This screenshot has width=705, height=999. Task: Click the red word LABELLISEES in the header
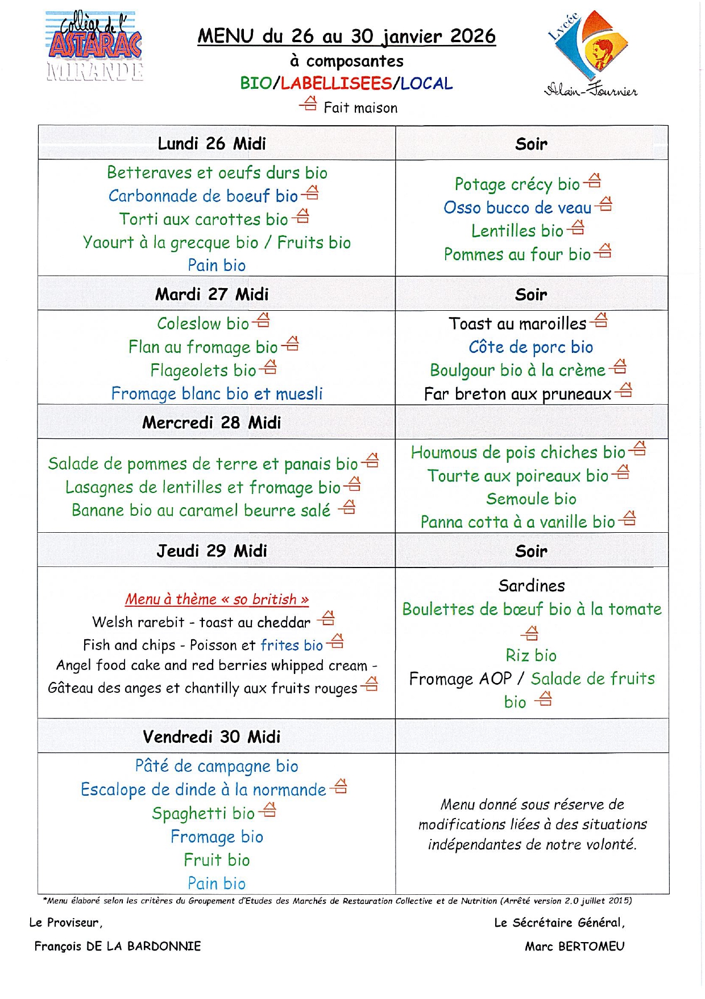(336, 83)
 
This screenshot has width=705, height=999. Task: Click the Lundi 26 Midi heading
(212, 143)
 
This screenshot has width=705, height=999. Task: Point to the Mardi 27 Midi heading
(212, 294)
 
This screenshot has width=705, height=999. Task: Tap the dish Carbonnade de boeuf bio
(203, 196)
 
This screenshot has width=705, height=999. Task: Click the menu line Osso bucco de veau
(517, 208)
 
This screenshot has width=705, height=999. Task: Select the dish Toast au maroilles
(517, 324)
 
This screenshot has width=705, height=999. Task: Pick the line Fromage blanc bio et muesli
(217, 393)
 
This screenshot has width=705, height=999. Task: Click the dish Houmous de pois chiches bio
(518, 453)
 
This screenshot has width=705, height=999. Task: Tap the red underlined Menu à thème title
(217, 599)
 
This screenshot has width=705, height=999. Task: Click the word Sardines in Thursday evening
(532, 586)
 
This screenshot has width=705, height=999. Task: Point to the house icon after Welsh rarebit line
(327, 618)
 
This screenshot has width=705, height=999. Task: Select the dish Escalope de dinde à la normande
(203, 790)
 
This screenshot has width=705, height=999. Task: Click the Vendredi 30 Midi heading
(212, 737)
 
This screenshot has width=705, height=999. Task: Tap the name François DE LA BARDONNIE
(118, 946)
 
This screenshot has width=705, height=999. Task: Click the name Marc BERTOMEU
(574, 946)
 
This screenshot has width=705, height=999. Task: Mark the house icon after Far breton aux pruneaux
(625, 390)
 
